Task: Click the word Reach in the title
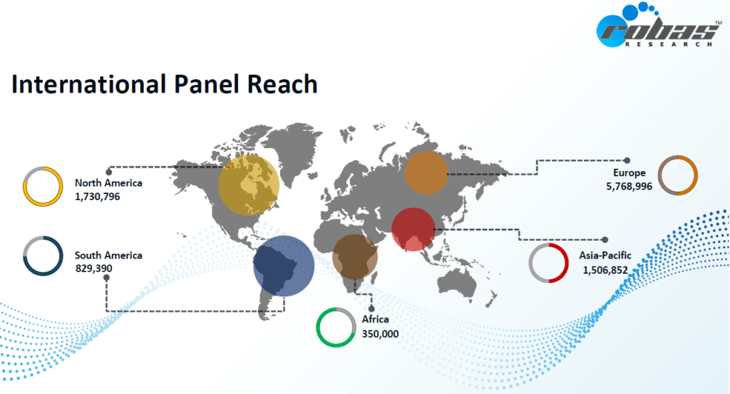tap(282, 84)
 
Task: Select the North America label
tap(108, 183)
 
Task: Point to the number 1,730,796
tap(97, 197)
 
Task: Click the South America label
tap(108, 255)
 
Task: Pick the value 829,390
tap(93, 269)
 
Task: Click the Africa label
tap(375, 320)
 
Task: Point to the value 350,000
tap(380, 334)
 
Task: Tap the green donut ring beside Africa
tap(317, 328)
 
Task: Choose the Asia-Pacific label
tap(605, 255)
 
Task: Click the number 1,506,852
tap(605, 270)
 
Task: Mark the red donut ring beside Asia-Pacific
tap(567, 263)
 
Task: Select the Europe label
tap(629, 173)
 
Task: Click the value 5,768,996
tap(629, 187)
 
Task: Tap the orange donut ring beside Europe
tap(696, 175)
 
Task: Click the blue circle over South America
tap(284, 266)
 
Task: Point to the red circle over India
tap(413, 229)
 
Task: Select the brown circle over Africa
tap(355, 256)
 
